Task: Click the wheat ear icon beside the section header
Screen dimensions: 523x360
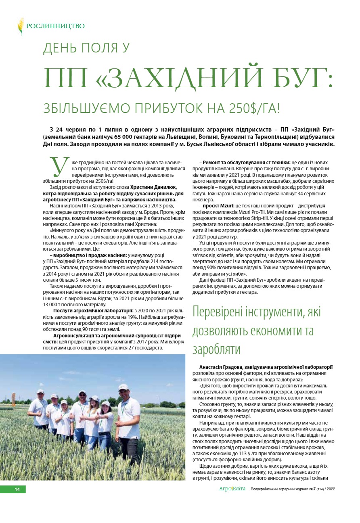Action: click(21, 26)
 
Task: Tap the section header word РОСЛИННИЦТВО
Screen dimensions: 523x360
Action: click(56, 26)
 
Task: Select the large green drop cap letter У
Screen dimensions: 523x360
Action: click(57, 166)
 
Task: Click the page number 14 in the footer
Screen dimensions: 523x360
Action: click(17, 490)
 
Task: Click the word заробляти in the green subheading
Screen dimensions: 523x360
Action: click(216, 349)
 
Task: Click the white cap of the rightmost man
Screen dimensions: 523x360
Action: click(123, 387)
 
